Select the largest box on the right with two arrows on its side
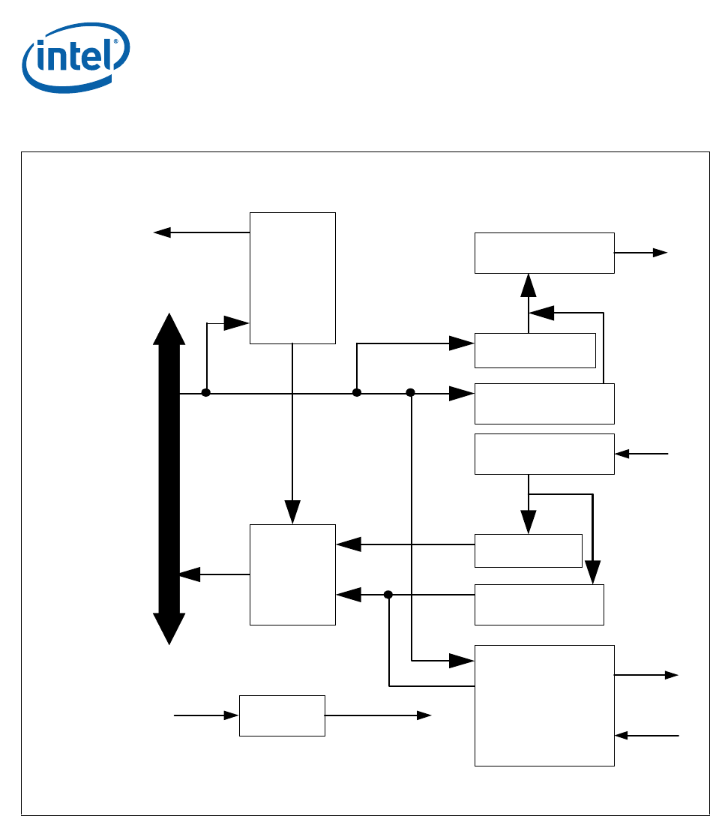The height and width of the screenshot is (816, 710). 544,705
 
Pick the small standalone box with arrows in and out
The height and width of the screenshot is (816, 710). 282,715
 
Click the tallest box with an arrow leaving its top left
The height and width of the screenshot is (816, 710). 292,277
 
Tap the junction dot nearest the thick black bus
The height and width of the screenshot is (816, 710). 205,393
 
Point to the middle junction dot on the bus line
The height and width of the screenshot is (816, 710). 357,393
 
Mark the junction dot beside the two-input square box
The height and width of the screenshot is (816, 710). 388,595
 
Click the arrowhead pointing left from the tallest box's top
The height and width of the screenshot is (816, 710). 161,232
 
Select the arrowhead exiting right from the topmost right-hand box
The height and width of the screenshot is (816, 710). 660,253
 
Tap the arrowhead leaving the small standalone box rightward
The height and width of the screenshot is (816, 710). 424,715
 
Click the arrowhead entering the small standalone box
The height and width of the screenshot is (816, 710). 232,715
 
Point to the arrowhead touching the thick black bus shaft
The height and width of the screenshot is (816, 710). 189,574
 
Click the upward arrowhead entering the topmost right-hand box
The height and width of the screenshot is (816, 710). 529,285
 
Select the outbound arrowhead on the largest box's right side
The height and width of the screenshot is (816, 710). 671,675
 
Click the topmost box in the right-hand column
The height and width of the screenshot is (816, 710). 544,253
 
